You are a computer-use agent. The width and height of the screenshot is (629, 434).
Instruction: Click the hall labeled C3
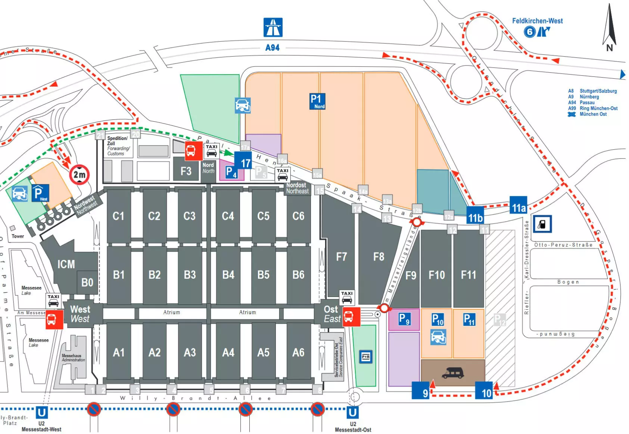189,216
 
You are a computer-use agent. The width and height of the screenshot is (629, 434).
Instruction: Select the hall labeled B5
263,275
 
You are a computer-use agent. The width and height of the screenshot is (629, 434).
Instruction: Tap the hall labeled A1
119,352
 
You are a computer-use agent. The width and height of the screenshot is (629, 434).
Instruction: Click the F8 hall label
379,257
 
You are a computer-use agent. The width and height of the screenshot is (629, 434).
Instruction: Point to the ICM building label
66,264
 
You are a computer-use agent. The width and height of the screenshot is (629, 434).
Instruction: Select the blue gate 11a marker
519,207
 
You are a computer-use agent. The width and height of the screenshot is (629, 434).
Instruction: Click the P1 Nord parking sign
317,101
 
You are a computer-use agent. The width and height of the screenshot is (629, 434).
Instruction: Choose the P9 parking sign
404,319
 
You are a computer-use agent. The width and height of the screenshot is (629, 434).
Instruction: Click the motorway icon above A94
273,27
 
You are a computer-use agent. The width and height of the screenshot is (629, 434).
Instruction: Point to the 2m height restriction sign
79,174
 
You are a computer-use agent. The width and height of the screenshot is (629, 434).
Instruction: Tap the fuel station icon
542,224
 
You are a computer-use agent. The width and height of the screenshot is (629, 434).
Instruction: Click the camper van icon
452,372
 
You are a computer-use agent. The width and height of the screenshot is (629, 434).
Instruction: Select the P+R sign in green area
366,356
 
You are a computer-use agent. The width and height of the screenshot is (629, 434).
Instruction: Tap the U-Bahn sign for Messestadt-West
42,412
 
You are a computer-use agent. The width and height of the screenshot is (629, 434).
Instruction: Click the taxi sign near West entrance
53,300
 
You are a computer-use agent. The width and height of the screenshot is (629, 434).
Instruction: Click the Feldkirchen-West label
537,21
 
